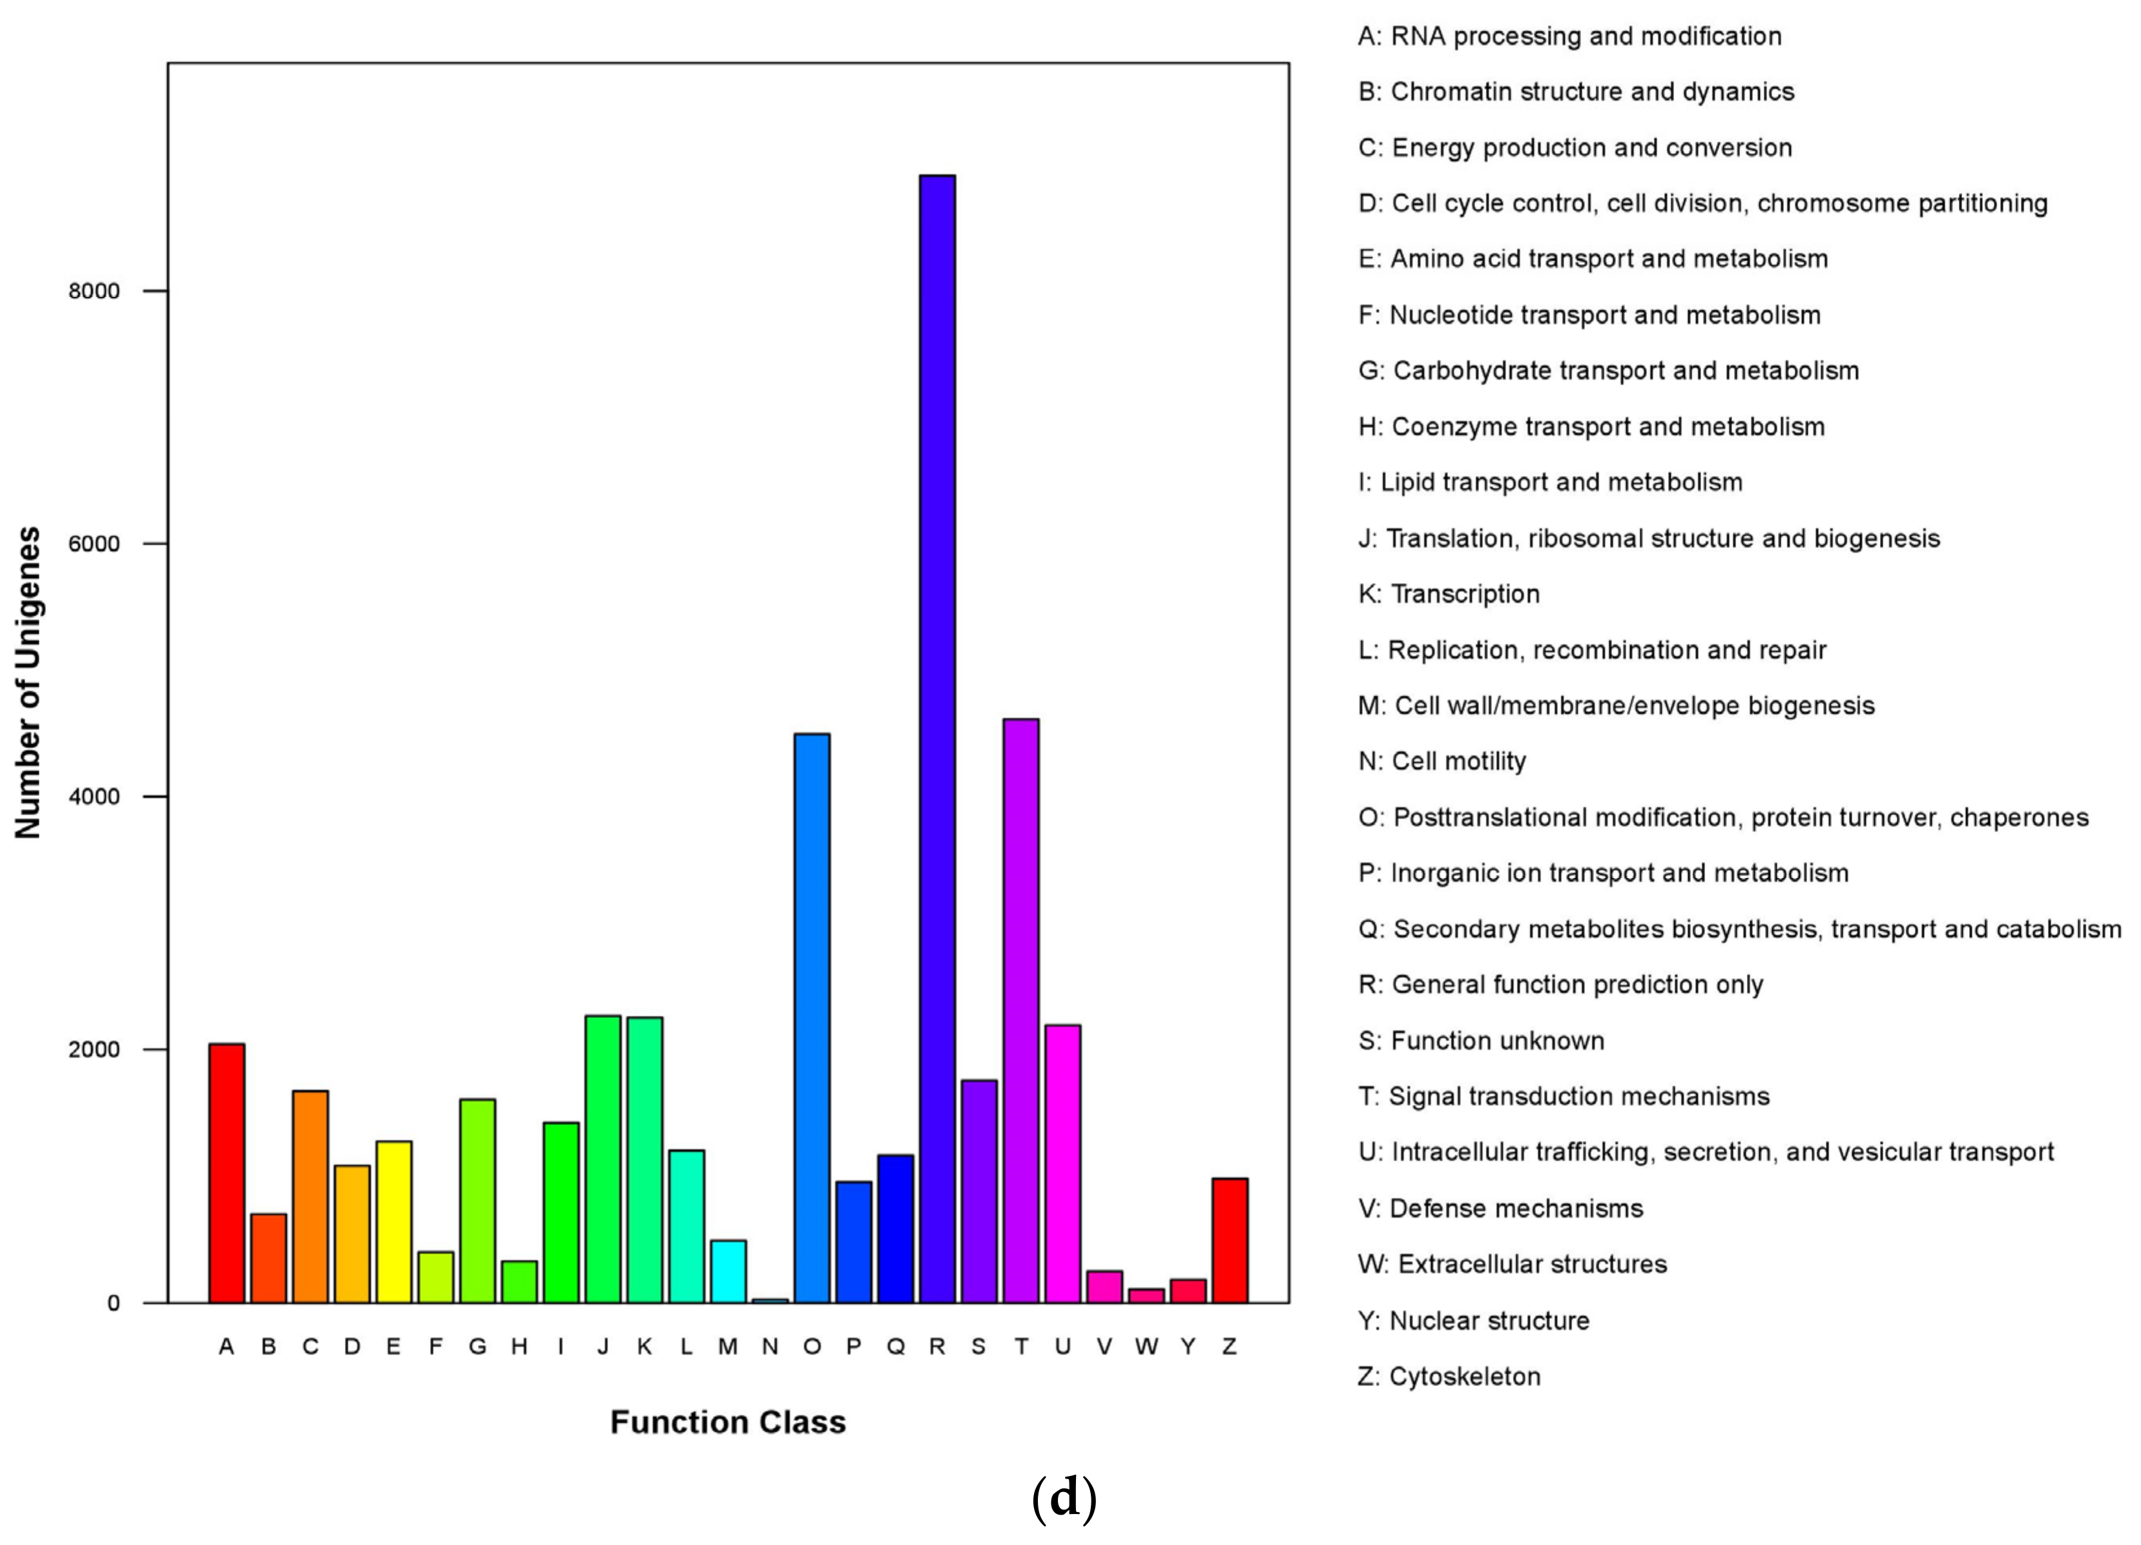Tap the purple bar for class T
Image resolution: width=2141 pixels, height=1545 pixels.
1021,1010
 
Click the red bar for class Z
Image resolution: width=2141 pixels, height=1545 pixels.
1230,1240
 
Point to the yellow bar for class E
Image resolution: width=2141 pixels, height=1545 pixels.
394,1222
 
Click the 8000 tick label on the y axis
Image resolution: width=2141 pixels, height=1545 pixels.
94,291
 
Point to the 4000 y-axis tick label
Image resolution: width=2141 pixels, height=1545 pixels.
94,797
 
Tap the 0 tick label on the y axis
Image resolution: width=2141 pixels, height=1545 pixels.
113,1304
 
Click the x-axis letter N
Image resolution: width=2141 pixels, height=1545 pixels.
771,1347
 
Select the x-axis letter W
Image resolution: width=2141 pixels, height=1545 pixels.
1146,1347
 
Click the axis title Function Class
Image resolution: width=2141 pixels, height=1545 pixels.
728,1422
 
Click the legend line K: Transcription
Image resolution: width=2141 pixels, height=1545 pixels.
1449,593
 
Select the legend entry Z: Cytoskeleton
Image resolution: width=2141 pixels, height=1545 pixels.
1449,1376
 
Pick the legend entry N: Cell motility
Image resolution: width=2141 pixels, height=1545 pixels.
1442,761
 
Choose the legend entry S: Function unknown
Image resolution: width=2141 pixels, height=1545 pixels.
1481,1041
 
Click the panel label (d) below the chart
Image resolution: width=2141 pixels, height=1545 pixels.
1064,1499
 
